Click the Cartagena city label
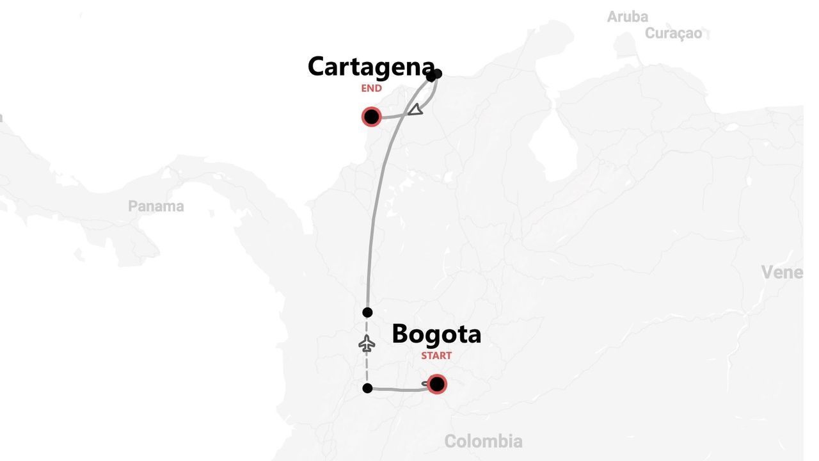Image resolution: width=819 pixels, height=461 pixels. [371, 67]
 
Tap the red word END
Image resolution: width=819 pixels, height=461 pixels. [371, 88]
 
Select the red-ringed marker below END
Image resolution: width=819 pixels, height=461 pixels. [371, 117]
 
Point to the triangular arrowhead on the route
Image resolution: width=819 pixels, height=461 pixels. [417, 109]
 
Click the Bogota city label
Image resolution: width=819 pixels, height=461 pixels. [436, 334]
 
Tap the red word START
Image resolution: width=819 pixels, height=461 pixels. [436, 355]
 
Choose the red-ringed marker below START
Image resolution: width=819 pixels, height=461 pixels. [437, 384]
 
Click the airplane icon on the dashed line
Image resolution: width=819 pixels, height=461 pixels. [367, 344]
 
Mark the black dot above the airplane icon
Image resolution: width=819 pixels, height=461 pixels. [367, 312]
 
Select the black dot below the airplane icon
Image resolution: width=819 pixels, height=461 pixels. [367, 388]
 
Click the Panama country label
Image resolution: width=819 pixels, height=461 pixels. [156, 206]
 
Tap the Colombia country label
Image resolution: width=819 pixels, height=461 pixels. [483, 441]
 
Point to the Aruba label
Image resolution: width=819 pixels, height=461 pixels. [627, 17]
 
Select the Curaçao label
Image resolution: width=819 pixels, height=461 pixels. [673, 33]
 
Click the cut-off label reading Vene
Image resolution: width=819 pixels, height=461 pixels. [781, 272]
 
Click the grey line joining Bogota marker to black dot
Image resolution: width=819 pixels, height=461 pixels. [397, 389]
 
